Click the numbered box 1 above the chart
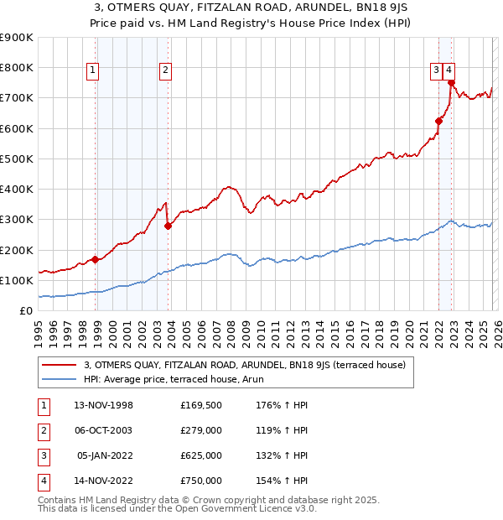tap(91, 71)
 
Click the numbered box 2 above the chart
tap(166, 71)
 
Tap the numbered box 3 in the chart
tap(437, 71)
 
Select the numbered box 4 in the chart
tap(449, 71)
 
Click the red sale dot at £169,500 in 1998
tap(96, 259)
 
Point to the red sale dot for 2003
tap(169, 226)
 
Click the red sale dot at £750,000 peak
tap(451, 82)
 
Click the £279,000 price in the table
tap(201, 431)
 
